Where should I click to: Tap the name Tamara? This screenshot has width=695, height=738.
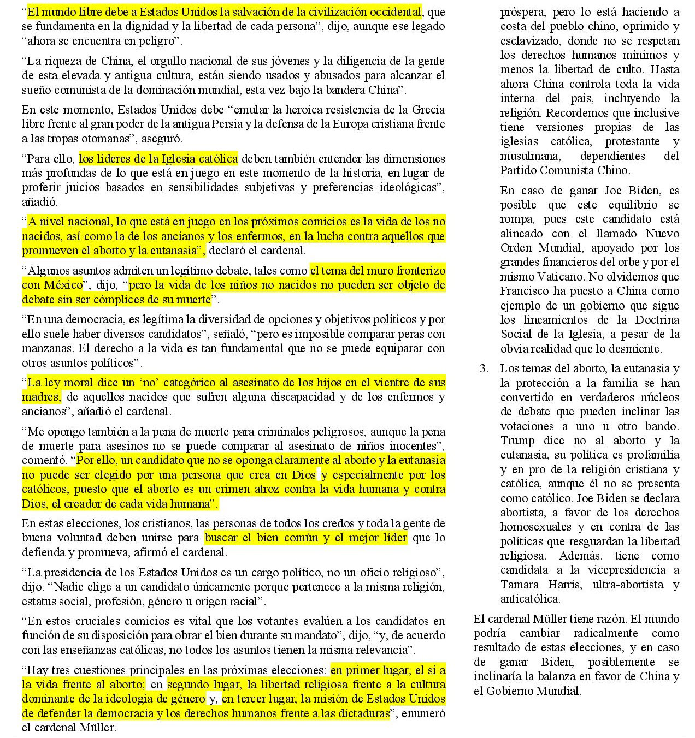(x=520, y=585)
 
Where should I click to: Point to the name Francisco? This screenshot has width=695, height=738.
(x=525, y=291)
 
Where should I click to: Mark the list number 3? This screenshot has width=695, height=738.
(x=484, y=368)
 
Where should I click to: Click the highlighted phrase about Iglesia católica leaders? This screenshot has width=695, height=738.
(x=158, y=159)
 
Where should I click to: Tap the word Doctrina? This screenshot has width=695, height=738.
(x=657, y=320)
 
